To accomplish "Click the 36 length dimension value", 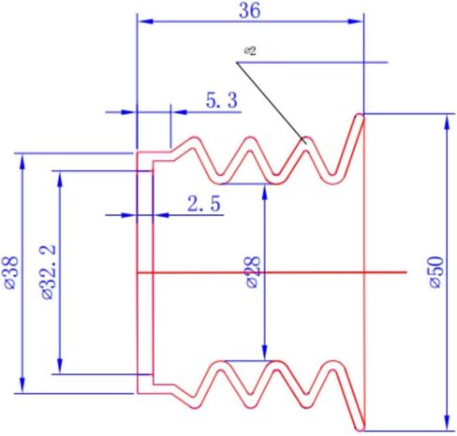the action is tap(249, 10).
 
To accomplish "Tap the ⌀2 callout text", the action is tap(250, 51).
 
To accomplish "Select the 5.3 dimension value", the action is tap(221, 101).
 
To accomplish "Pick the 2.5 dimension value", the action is tap(204, 204).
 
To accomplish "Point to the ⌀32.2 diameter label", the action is tap(49, 272).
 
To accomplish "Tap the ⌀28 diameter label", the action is tap(253, 272).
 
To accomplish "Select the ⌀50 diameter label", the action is tap(436, 272).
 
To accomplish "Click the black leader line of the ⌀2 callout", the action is tap(271, 103).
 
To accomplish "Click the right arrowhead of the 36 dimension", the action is tap(355, 22).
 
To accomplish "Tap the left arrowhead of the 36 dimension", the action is tap(145, 22).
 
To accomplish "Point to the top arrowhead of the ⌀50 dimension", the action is tap(448, 122).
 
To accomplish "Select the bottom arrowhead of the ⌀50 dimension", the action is tap(448, 423).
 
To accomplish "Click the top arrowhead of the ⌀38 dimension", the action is tap(22, 162).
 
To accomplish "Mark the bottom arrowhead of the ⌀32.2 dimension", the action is tap(60, 366).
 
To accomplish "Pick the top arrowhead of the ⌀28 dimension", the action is tap(265, 192).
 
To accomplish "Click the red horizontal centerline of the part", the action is tap(272, 272).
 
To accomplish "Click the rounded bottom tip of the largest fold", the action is tap(360, 429).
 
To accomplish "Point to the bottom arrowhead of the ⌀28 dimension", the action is tap(265, 353).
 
